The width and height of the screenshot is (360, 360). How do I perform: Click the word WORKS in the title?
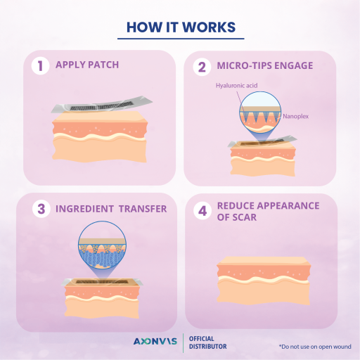209,27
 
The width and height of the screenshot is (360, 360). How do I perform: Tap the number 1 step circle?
40,65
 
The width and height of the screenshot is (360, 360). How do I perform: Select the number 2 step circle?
202,67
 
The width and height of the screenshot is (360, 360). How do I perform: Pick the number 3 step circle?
41,209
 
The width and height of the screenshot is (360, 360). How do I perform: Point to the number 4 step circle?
202,211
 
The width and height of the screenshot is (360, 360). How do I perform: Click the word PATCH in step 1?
103,65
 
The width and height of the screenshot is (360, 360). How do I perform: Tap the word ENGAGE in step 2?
293,65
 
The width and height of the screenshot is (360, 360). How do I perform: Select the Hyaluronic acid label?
236,86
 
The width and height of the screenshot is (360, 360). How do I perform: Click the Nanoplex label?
295,116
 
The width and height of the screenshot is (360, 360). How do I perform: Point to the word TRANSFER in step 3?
143,209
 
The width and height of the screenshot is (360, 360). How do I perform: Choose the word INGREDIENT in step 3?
84,209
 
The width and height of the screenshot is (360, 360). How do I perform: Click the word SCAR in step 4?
247,217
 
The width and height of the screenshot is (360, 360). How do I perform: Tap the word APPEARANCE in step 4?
288,206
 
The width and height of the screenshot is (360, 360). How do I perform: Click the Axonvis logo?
155,341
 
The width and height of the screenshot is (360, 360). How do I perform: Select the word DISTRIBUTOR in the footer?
208,347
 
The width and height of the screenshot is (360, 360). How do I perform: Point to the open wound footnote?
315,347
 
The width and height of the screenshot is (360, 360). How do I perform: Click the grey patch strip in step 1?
101,105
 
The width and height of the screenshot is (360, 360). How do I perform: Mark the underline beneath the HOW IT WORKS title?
181,39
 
